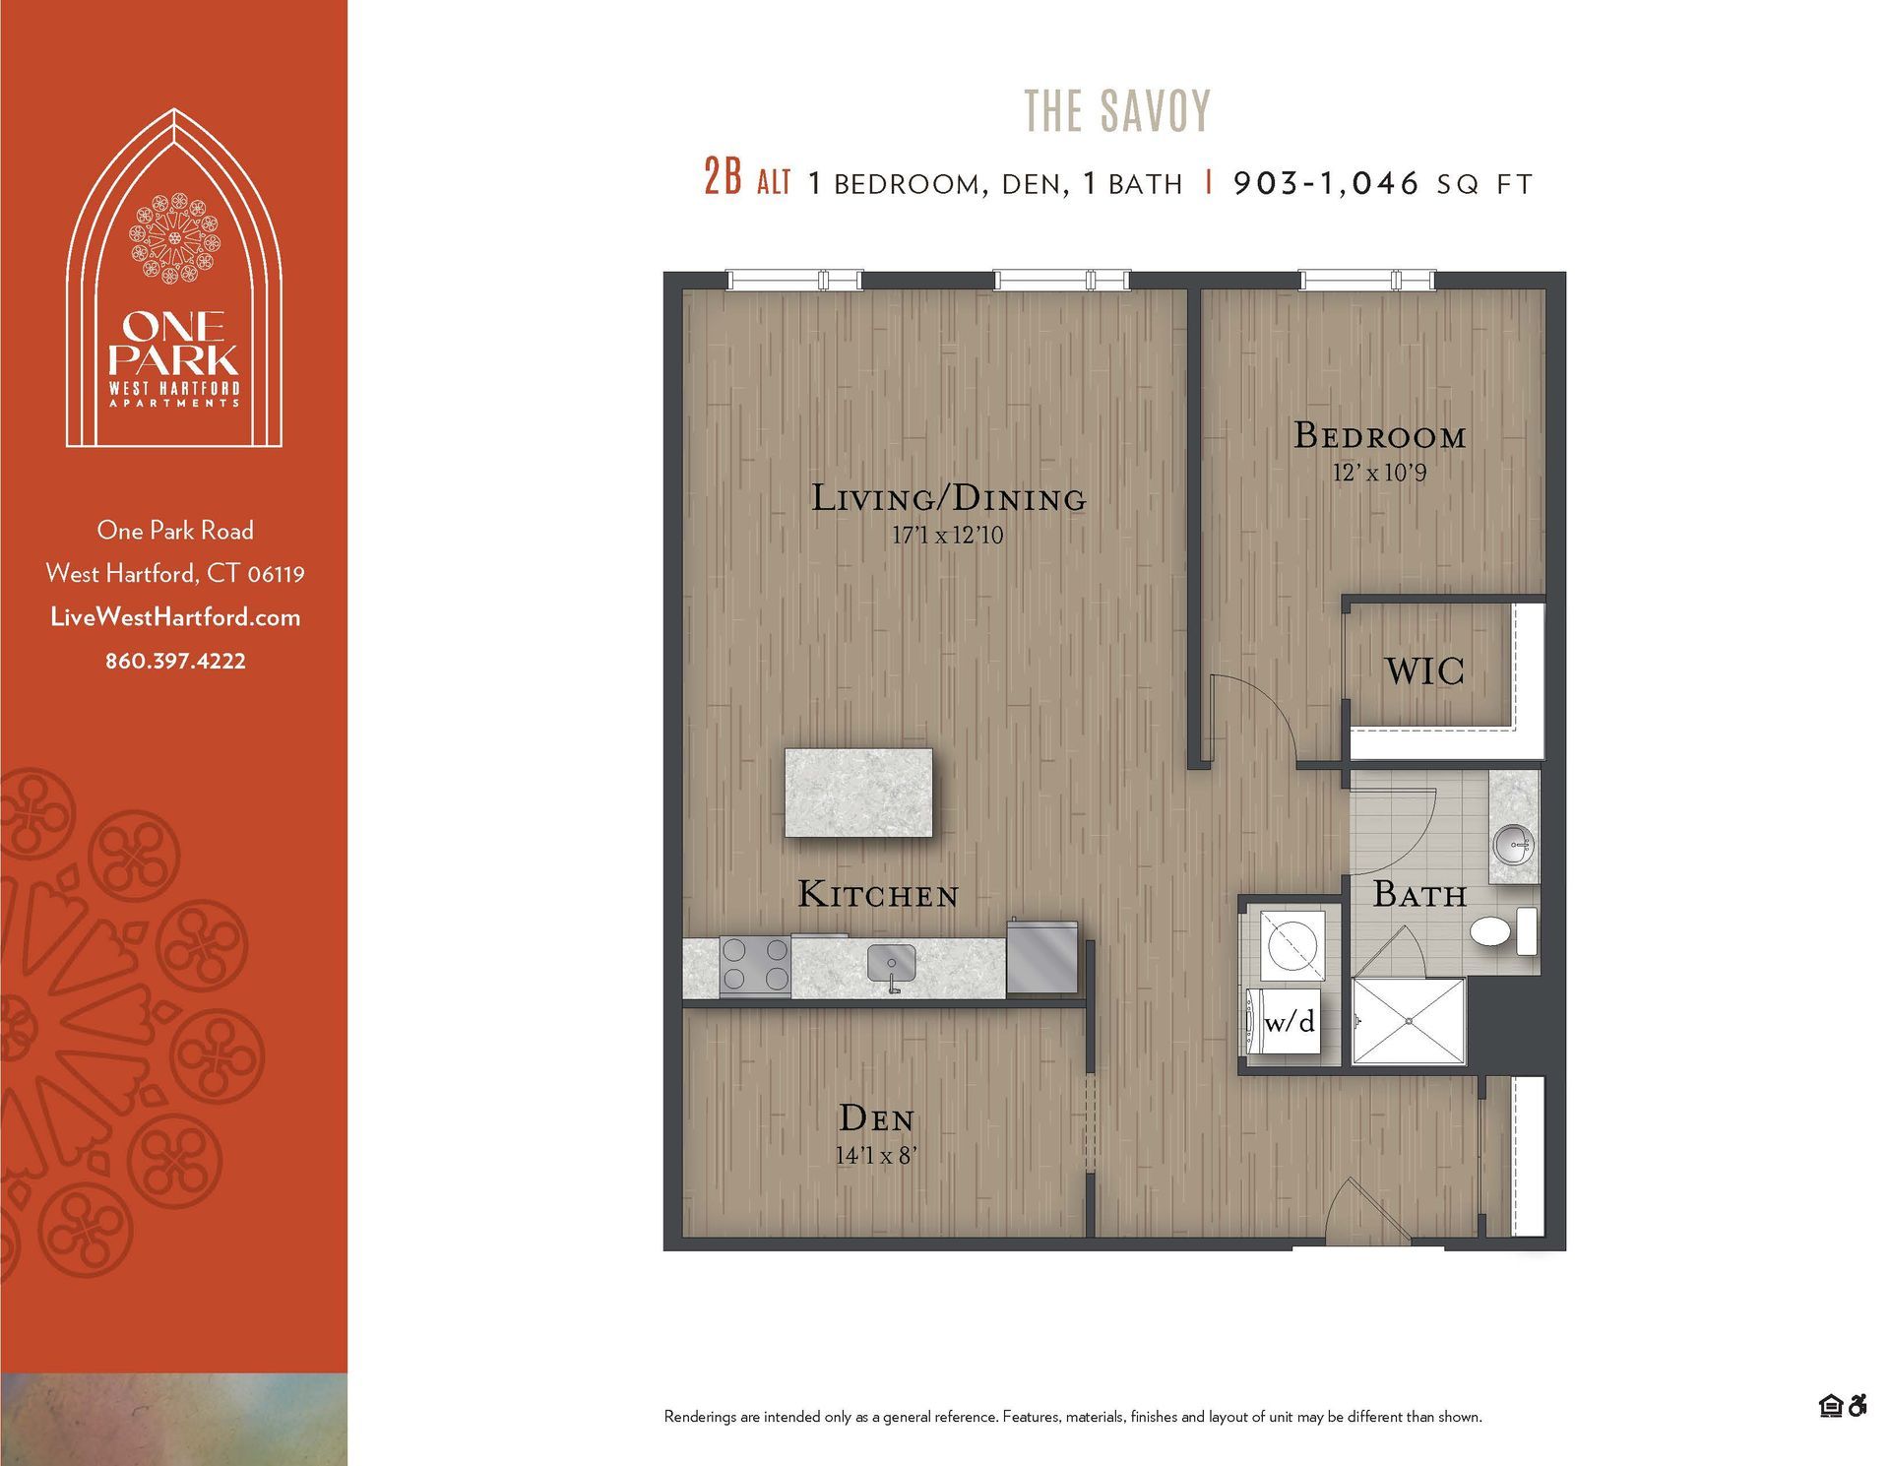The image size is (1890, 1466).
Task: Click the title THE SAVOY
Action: pos(1117,110)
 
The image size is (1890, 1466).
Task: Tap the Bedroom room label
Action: pos(1379,436)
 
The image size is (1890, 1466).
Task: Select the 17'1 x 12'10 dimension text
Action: pos(947,537)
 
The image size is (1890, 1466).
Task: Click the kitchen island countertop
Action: pos(858,793)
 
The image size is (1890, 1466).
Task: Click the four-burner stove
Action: pos(755,965)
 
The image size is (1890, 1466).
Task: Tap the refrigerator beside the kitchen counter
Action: pos(1042,959)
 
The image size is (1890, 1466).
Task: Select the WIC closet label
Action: pos(1424,671)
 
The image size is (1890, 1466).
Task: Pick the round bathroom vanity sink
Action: pos(1513,843)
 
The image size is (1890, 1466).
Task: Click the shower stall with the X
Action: pos(1409,1021)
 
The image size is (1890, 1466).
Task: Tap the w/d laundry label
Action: pos(1289,1022)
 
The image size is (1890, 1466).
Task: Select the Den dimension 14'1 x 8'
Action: pos(876,1156)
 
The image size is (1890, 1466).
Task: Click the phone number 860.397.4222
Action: pos(175,662)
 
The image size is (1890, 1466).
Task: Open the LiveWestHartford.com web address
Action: pos(175,617)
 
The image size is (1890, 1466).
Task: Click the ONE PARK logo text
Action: pos(174,344)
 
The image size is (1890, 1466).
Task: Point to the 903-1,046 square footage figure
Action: pos(1326,183)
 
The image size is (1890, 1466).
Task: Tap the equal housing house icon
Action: pos(1830,1406)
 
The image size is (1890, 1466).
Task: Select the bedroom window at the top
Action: pos(1366,281)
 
